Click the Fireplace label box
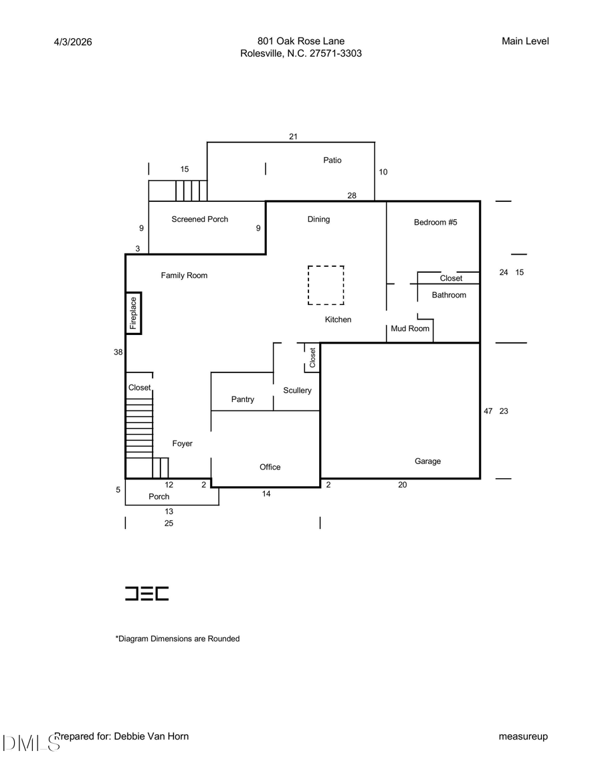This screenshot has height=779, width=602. (133, 313)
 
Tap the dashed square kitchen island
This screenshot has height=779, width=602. (326, 286)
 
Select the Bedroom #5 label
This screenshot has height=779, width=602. (435, 223)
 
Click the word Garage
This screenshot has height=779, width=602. (427, 461)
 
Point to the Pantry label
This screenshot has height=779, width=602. (243, 399)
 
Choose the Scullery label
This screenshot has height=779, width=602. (297, 391)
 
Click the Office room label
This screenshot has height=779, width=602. (270, 467)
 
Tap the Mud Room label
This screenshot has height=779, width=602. (410, 328)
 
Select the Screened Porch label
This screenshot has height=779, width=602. (199, 219)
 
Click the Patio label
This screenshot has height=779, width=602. (332, 160)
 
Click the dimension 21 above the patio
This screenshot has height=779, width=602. (293, 136)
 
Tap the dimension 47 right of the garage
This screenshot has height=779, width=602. (488, 411)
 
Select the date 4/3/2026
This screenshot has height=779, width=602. (73, 42)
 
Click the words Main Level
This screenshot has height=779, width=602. (525, 41)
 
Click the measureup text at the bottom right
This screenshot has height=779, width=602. (523, 737)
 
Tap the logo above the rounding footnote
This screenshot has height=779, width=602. (147, 593)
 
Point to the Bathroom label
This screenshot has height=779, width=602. (449, 295)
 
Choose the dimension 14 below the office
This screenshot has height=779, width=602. (266, 495)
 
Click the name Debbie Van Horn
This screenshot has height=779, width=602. (153, 736)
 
